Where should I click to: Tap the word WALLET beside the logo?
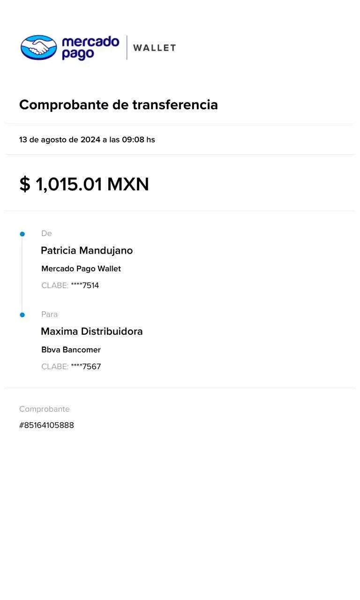(154, 48)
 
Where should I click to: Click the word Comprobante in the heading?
(64, 105)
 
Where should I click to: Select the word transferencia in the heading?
(174, 105)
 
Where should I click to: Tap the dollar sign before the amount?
(24, 184)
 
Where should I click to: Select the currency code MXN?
(128, 184)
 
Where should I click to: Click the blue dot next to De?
(22, 233)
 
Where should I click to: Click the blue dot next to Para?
(22, 315)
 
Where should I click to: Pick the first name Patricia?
(58, 251)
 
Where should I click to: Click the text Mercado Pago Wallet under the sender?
(81, 269)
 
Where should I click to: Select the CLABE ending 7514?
(85, 285)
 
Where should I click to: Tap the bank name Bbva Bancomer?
(71, 350)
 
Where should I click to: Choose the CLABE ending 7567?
(86, 367)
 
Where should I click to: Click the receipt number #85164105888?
(46, 426)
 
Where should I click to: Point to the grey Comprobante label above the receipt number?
(45, 409)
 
